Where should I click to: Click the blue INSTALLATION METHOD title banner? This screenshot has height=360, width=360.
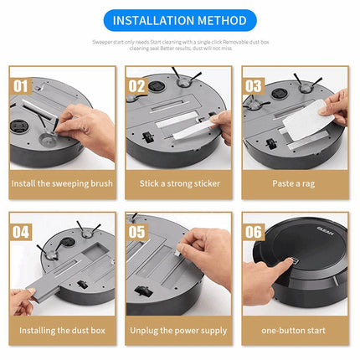[x=179, y=20]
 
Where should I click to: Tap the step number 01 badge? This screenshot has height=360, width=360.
[x=22, y=85]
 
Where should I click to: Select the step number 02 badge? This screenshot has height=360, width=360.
[x=137, y=85]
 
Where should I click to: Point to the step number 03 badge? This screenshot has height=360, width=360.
[x=254, y=85]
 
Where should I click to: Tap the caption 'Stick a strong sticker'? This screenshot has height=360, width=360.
[x=179, y=183]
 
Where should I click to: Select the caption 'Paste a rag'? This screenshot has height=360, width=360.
[x=295, y=183]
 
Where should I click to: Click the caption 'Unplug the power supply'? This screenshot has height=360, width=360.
[x=179, y=330]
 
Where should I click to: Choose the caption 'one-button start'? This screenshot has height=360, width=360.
[x=295, y=330]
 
